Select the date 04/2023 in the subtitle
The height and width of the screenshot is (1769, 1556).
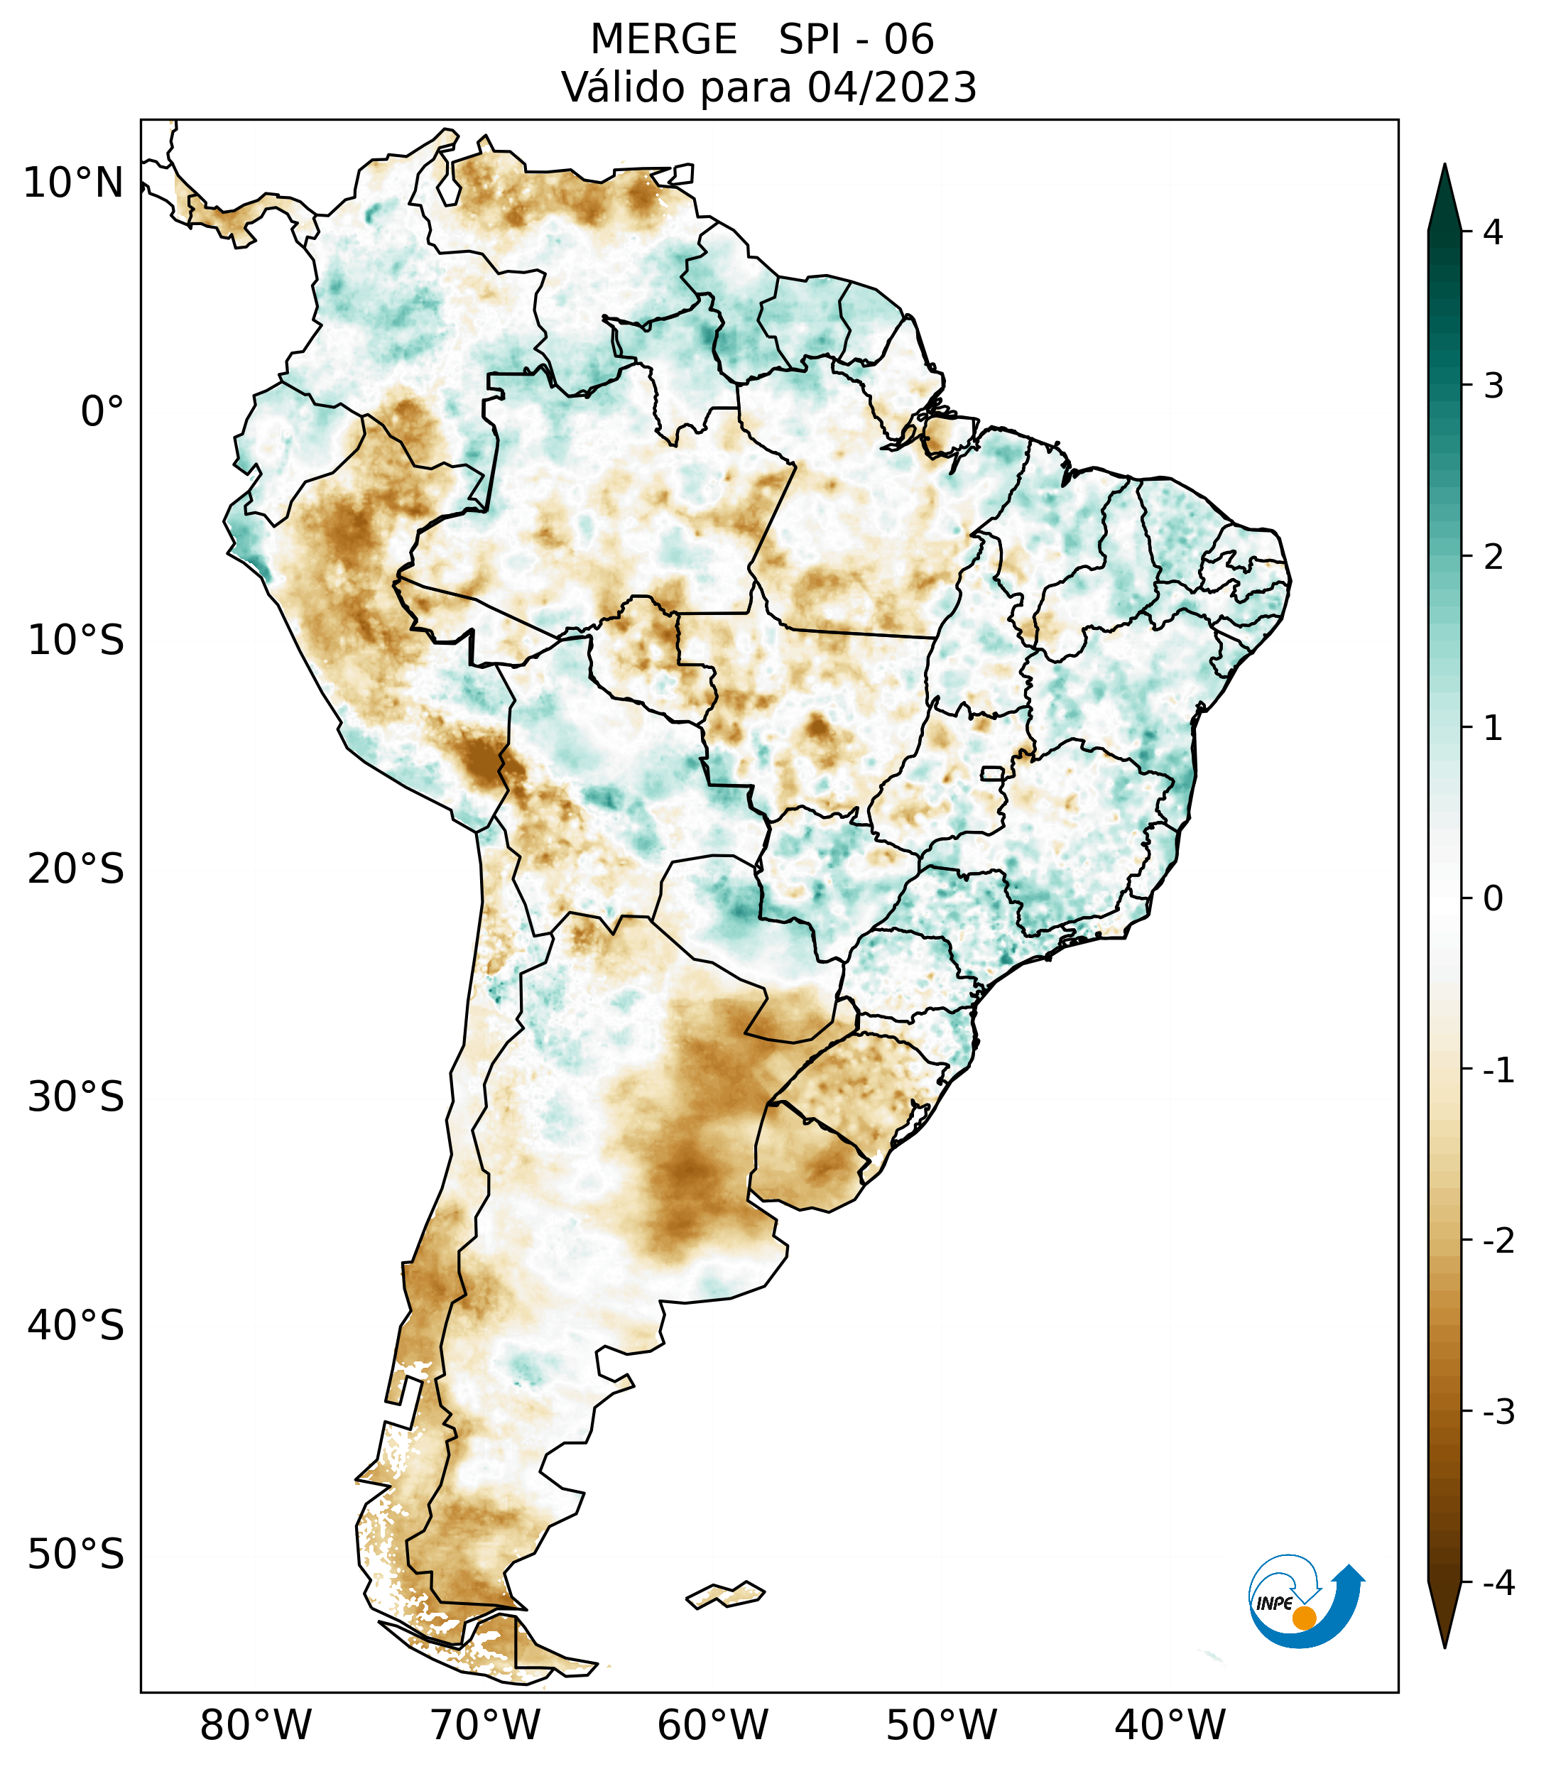[x=891, y=87]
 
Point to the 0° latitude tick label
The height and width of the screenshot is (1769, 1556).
[x=102, y=412]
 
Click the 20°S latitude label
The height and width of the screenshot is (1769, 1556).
[x=76, y=869]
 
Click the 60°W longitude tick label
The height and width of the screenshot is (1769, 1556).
[x=712, y=1725]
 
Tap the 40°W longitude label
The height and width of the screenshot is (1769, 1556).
[x=1170, y=1725]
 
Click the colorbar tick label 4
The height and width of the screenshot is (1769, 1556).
[x=1493, y=232]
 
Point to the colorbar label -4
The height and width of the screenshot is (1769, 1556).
[x=1498, y=1584]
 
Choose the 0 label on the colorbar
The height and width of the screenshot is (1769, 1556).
[x=1493, y=899]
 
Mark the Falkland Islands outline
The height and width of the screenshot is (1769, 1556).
[x=725, y=1594]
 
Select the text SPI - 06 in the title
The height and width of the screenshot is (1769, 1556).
[x=856, y=40]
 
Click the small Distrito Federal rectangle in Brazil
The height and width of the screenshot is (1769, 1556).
[x=991, y=772]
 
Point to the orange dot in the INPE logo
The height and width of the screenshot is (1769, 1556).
[x=1303, y=1618]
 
